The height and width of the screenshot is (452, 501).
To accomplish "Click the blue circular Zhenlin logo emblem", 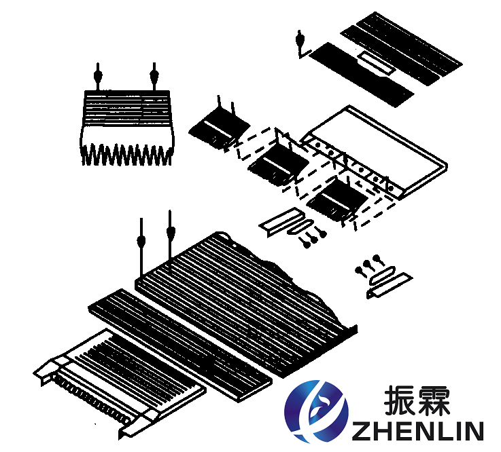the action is [317, 411].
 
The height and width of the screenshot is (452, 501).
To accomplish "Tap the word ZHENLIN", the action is [417, 431].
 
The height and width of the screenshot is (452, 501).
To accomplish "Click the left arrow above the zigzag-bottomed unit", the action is [98, 77].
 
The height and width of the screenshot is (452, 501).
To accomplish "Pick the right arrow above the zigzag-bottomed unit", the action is [154, 77].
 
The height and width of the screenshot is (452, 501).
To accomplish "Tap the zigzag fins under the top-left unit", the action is [126, 155].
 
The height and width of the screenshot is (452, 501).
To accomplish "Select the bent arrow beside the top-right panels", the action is [301, 44].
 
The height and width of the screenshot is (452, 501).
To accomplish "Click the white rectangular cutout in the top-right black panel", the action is [375, 63].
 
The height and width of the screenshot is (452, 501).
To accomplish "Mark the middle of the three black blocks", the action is [277, 163].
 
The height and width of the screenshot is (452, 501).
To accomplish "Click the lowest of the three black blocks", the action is [336, 200].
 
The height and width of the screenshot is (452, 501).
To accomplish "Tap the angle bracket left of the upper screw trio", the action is [277, 223].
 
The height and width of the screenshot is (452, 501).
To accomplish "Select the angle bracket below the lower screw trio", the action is [390, 285].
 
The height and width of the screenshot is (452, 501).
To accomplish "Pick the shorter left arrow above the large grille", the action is [141, 246].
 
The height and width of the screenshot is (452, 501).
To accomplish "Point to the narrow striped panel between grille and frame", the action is [180, 345].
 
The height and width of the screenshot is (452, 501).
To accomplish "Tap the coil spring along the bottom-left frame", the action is [92, 400].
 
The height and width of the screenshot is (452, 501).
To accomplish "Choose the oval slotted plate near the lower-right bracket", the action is [382, 276].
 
